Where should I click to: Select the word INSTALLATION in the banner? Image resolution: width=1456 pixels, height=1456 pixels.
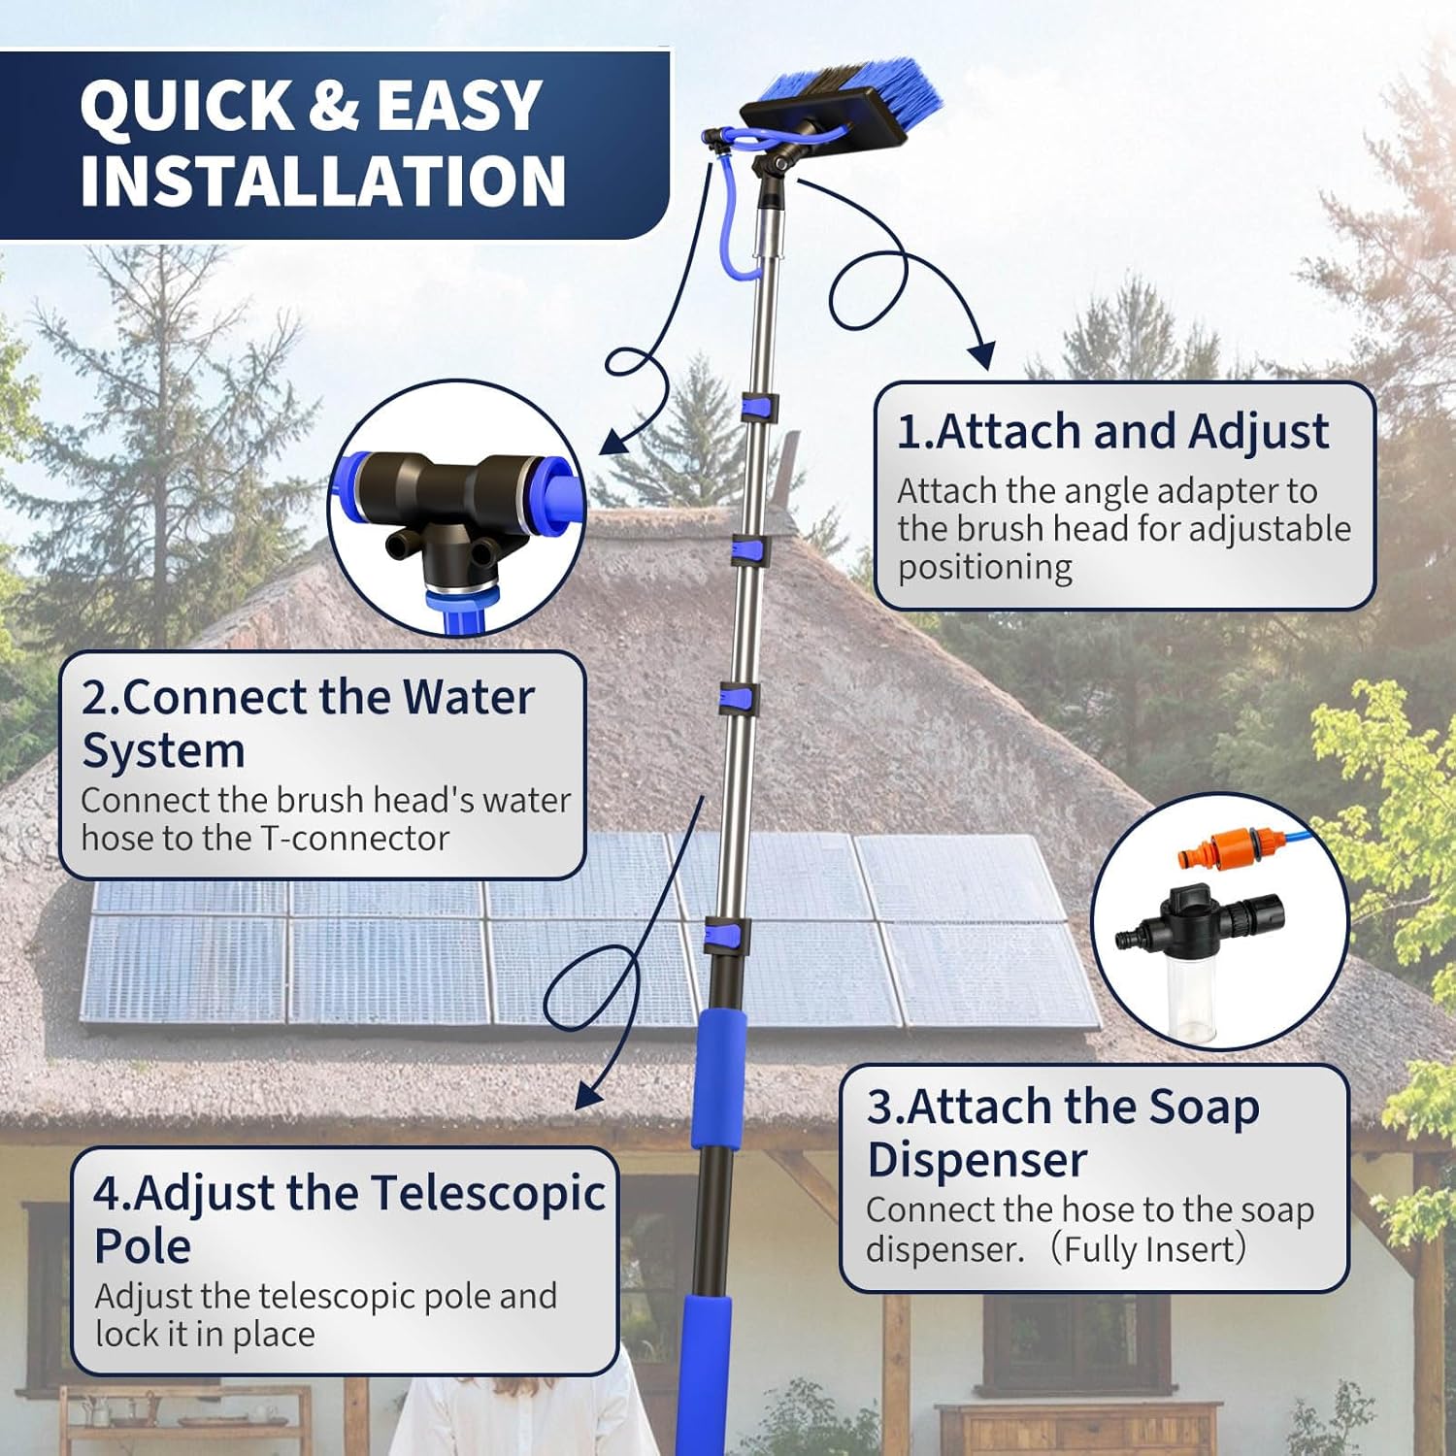pos(322,181)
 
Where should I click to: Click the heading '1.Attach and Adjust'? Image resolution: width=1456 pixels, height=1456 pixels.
pos(1112,431)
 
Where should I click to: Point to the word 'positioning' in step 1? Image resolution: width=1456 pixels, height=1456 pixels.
pos(984,567)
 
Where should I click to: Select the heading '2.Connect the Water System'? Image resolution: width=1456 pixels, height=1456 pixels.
pos(307,723)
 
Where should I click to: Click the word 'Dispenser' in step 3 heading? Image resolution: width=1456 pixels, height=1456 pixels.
pos(976,1160)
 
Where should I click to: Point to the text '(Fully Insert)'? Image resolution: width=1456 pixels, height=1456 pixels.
pos(1149,1249)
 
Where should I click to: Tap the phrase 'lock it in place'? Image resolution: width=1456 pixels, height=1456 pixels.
pos(205,1334)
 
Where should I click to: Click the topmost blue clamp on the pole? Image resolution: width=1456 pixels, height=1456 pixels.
pos(760,408)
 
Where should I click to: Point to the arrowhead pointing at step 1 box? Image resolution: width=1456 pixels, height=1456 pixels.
pos(982,354)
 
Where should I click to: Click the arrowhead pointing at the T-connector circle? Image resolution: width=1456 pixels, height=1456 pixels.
pos(613,442)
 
